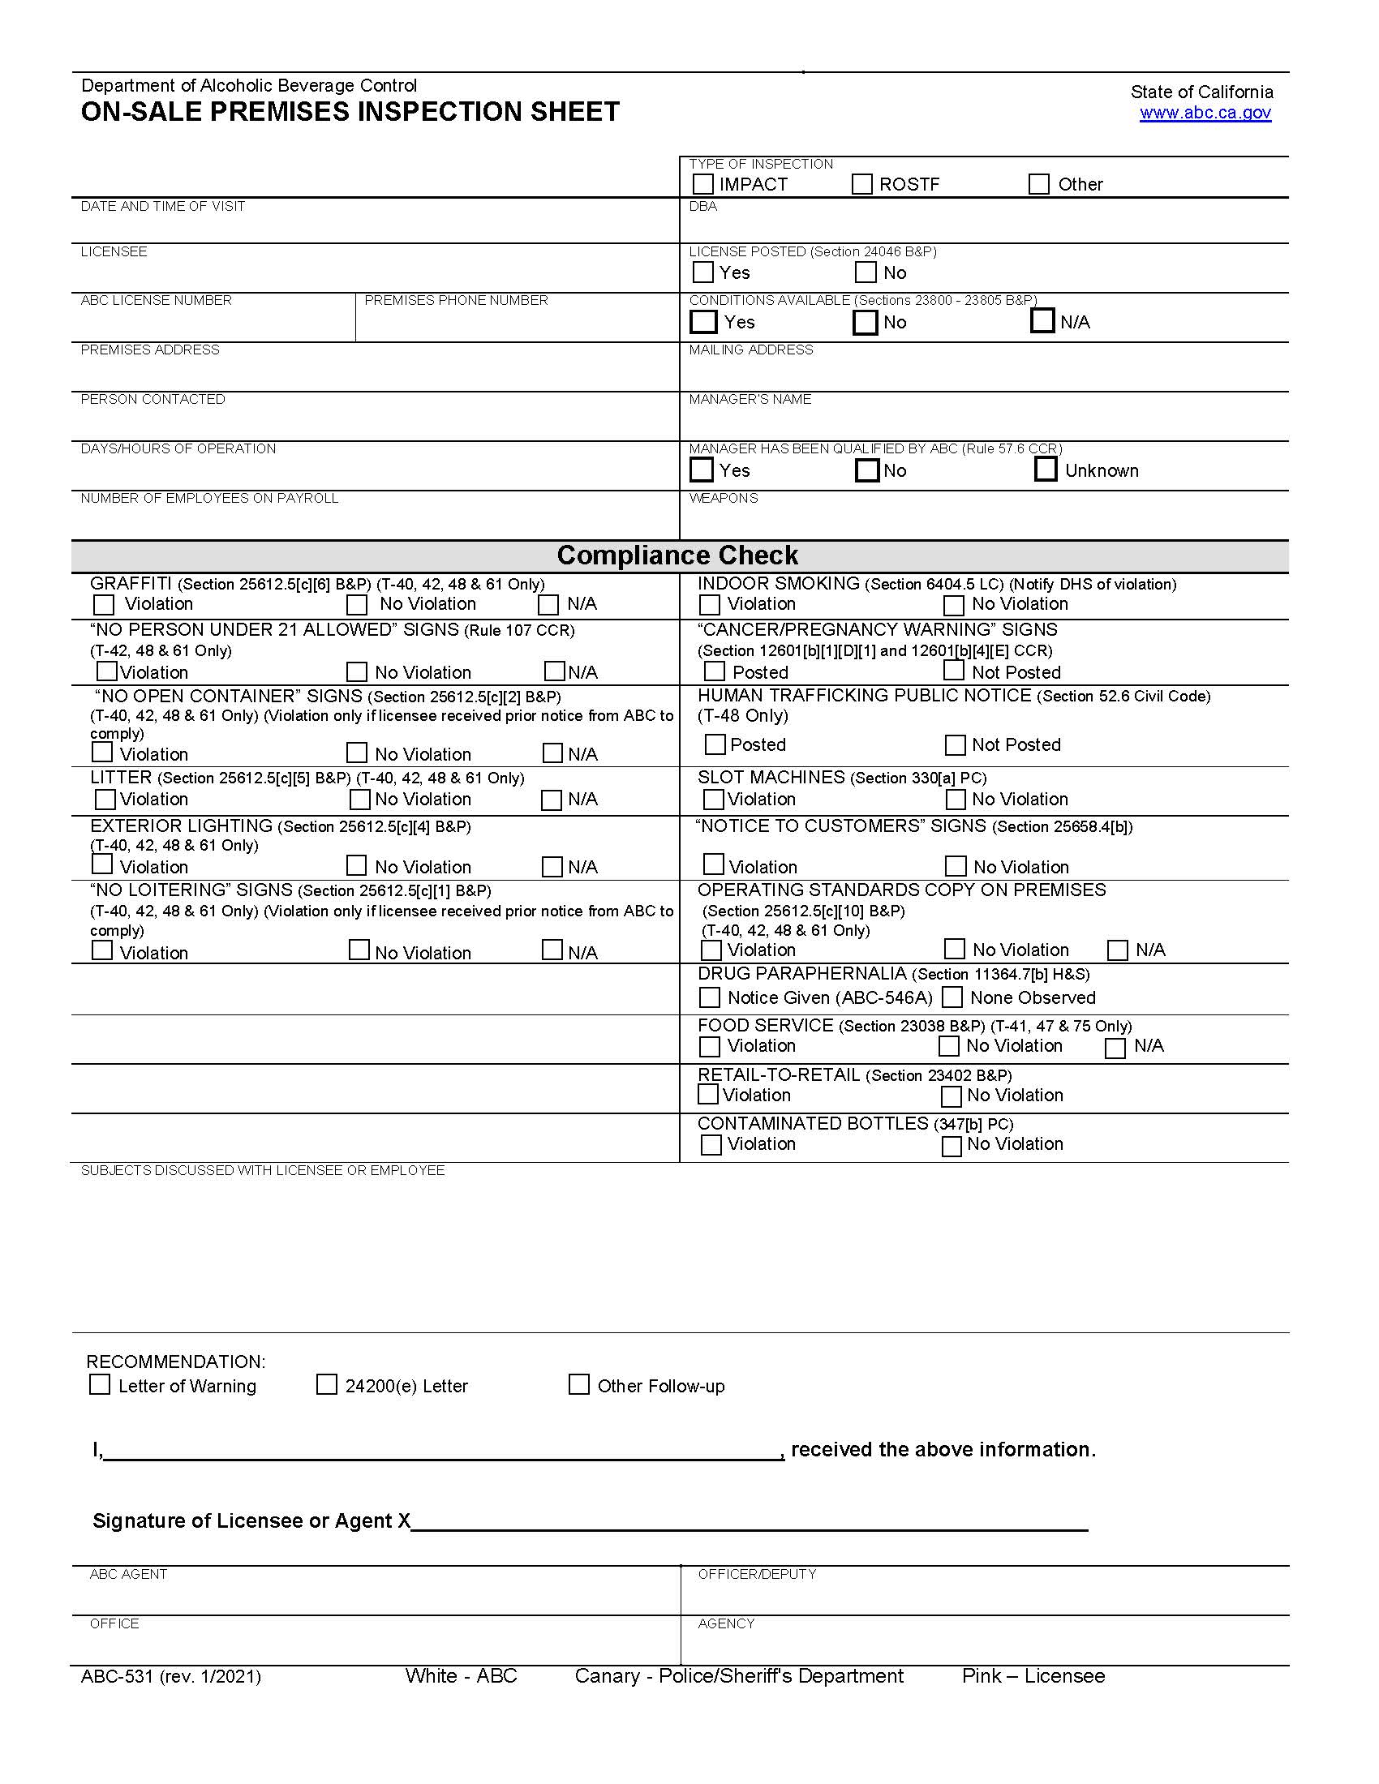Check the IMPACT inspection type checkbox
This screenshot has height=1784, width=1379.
702,185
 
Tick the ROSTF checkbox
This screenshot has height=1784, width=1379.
861,185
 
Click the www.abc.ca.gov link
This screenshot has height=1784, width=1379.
1205,113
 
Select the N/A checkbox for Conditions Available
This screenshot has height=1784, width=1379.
1042,321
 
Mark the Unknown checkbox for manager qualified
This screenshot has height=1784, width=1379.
1046,470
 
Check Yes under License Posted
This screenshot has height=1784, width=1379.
702,272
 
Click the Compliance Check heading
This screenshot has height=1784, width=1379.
678,555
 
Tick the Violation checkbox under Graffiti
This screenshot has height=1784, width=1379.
104,604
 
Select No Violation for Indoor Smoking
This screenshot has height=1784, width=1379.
953,605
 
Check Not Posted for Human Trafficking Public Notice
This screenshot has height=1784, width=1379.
955,745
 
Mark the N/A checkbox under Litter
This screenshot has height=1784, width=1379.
552,800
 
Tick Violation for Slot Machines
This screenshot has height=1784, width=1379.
712,799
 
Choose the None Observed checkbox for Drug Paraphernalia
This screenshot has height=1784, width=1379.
952,997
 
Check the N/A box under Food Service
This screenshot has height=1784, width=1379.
1115,1047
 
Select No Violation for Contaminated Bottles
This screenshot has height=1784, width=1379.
951,1146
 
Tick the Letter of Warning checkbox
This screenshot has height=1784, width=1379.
100,1384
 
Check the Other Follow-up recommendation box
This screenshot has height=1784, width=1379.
578,1384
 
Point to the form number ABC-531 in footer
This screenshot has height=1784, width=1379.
118,1677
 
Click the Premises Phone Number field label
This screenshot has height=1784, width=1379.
456,301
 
